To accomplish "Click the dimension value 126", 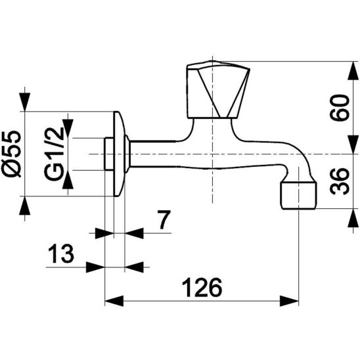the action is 202,287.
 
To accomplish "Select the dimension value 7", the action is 165,219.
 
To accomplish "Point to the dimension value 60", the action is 340,108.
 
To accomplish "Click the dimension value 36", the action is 340,181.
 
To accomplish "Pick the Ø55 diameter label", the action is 11,154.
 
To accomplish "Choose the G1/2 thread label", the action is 54,154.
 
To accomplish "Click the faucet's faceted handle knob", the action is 218,89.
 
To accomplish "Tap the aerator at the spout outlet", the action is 299,195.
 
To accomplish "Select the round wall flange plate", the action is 119,154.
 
